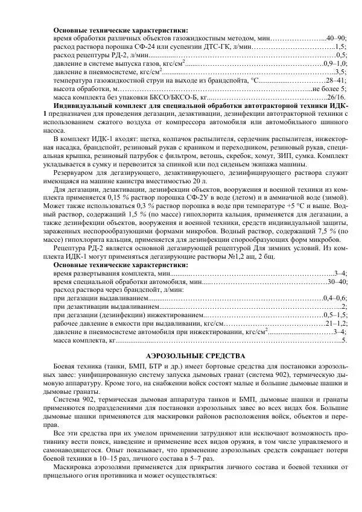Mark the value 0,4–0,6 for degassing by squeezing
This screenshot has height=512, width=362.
pos(335,298)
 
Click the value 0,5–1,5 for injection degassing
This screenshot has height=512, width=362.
pos(335,315)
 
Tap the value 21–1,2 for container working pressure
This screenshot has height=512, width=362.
pos(336,323)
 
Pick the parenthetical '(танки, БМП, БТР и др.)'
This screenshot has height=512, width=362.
pos(136,367)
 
